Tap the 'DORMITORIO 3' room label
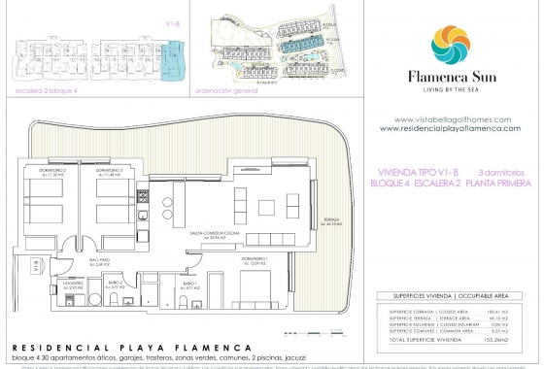pyautogui.click(x=93, y=171)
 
